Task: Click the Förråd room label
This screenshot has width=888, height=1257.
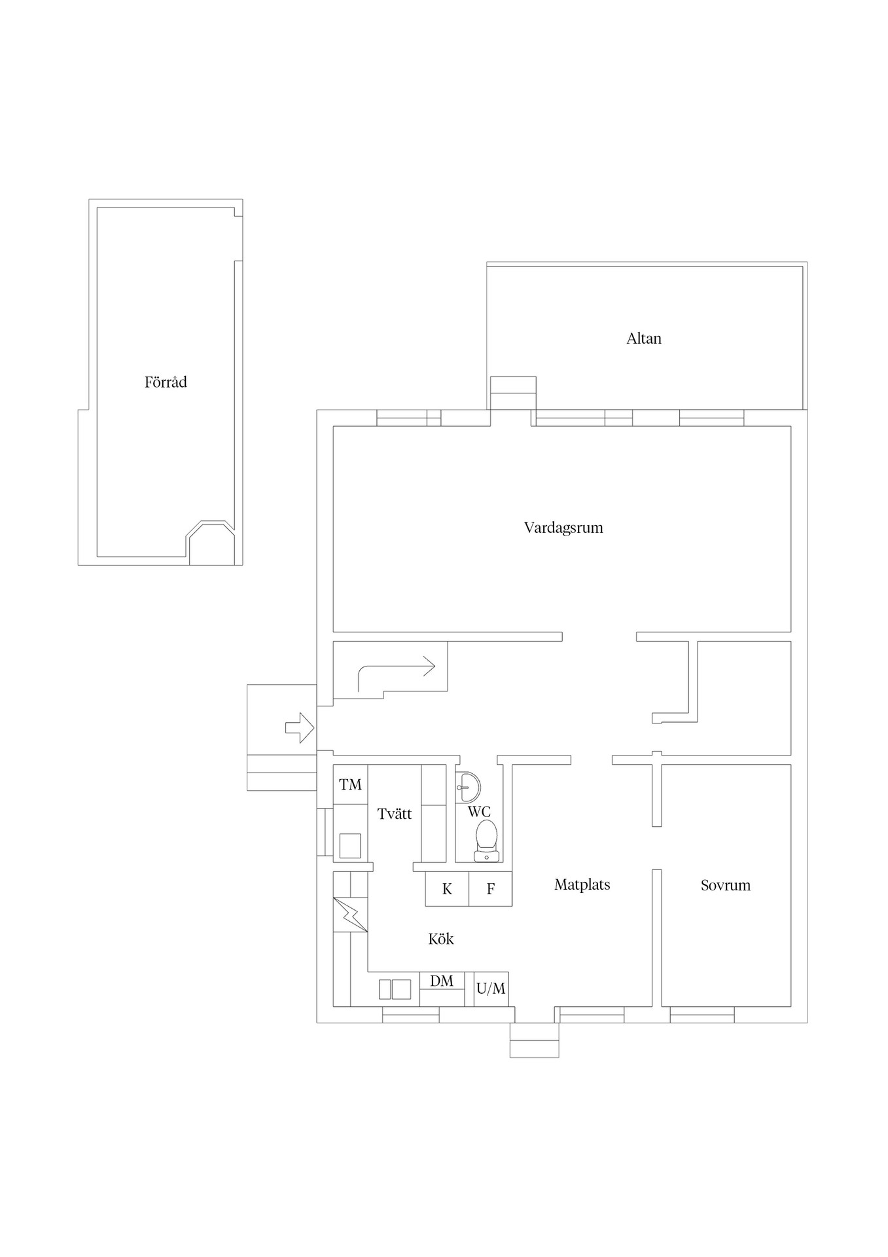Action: pos(166,382)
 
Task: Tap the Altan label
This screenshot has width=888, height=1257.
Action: pos(644,338)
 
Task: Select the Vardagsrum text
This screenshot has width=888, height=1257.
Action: pos(563,528)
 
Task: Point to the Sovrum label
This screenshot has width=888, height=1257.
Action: pos(725,885)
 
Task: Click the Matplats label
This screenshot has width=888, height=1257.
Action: pos(582,884)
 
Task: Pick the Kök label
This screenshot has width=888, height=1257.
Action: pos(440,939)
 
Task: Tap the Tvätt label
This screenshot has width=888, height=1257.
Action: pos(395,814)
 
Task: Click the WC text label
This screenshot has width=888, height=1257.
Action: pos(479,812)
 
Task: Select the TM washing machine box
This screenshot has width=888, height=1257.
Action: pos(350,784)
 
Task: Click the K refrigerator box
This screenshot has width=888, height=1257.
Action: pos(447,888)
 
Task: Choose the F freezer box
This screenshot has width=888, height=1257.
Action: pos(490,888)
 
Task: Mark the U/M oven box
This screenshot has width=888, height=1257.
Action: pos(491,989)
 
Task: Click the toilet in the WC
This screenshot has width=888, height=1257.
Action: pos(486,841)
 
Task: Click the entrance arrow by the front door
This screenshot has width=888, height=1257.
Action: pos(300,727)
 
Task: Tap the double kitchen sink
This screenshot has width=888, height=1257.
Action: pos(395,989)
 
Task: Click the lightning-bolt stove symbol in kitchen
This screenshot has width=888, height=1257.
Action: pos(350,914)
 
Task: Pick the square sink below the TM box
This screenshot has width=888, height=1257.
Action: pos(350,845)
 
